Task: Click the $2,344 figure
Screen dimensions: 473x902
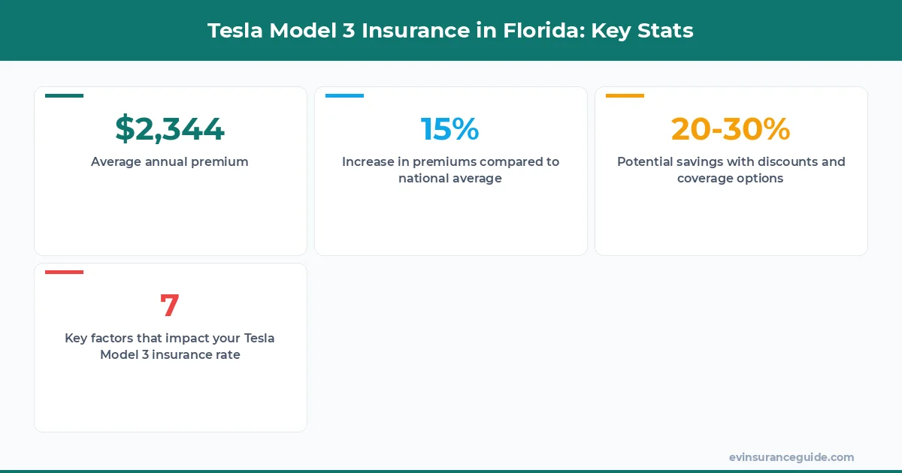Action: pyautogui.click(x=170, y=129)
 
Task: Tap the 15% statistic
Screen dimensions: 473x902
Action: pyautogui.click(x=449, y=129)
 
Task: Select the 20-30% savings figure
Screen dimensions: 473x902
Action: pyautogui.click(x=731, y=129)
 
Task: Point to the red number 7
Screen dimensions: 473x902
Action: pyautogui.click(x=170, y=306)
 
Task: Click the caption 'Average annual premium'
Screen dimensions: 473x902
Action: pyautogui.click(x=170, y=161)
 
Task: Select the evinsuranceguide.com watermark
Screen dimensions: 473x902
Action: pyautogui.click(x=792, y=457)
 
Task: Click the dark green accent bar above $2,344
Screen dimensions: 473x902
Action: pyautogui.click(x=64, y=95)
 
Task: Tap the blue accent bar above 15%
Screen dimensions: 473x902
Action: pyautogui.click(x=344, y=95)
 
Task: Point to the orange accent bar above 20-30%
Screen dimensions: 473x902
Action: pyautogui.click(x=625, y=95)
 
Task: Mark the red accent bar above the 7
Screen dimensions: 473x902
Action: pyautogui.click(x=64, y=272)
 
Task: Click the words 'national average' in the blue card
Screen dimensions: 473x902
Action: pyautogui.click(x=450, y=179)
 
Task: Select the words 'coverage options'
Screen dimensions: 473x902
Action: pyautogui.click(x=731, y=179)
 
